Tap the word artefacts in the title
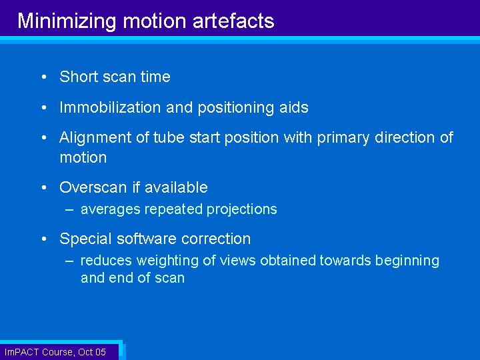pos(233,21)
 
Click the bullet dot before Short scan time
pos(44,77)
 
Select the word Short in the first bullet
pos(79,76)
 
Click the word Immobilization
pos(110,107)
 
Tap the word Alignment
pos(95,138)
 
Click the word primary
pos(343,138)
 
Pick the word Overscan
pos(93,187)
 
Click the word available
pos(176,187)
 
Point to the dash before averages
pos(69,210)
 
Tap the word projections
pos(241,210)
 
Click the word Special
pos(85,239)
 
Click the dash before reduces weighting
pos(69,261)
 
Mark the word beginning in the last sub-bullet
pos(407,261)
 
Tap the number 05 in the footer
pos(101,352)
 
